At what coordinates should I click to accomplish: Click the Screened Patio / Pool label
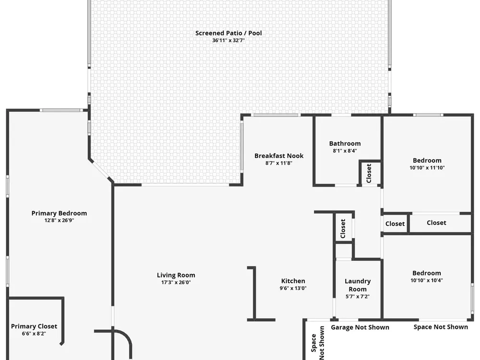point(228,33)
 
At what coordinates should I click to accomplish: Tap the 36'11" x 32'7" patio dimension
point(228,40)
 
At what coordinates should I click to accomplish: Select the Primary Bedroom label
point(59,214)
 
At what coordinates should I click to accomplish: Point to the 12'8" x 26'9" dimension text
point(59,220)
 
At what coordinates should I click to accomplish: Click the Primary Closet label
point(34,326)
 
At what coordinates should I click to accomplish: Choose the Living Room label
point(176,275)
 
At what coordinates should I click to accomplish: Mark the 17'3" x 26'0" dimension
point(176,283)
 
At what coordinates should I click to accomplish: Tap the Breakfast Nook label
point(279,156)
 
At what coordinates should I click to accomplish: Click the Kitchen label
point(293,281)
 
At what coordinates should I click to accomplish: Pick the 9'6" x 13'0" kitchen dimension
point(293,288)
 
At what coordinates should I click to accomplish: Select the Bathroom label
point(345,144)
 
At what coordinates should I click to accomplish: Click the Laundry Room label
point(358,285)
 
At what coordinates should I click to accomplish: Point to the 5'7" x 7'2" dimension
point(358,296)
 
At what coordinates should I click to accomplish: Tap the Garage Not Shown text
point(360,327)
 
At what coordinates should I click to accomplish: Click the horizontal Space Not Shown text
point(441,327)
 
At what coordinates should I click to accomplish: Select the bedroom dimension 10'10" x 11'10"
point(427,168)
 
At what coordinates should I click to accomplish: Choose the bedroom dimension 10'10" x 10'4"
point(427,280)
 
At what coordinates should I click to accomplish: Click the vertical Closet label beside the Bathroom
point(369,173)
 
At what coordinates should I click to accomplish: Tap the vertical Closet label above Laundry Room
point(343,228)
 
